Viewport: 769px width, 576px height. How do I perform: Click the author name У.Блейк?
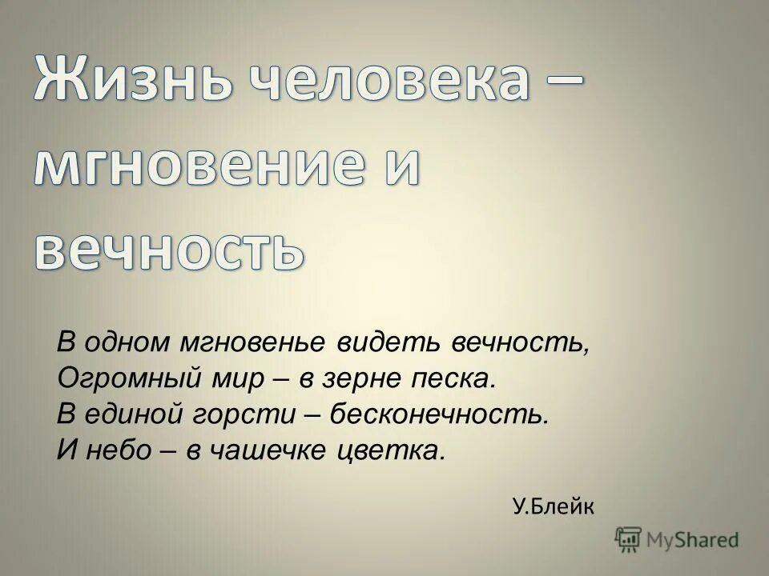(553, 505)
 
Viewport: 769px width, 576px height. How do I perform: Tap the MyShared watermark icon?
(628, 538)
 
